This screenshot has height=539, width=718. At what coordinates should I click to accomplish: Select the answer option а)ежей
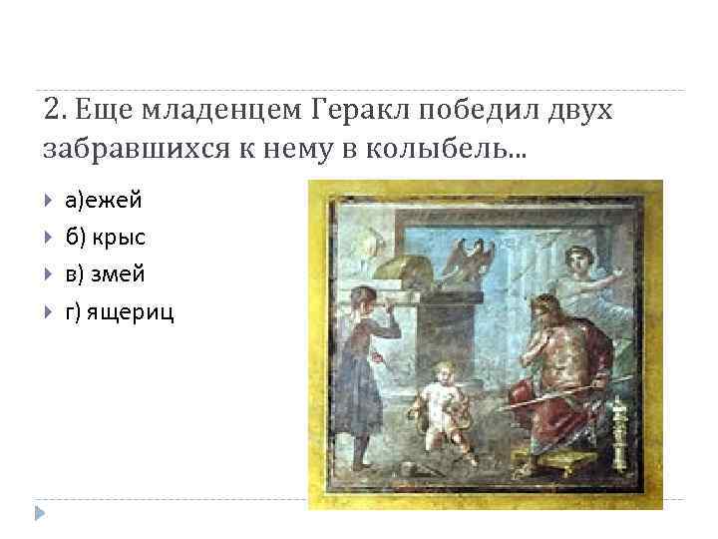[x=104, y=201]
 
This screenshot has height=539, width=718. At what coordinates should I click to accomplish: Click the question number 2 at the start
[x=54, y=110]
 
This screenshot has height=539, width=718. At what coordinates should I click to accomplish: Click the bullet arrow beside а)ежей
[x=49, y=202]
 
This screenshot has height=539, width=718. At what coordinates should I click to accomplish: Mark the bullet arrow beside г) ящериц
[x=49, y=313]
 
